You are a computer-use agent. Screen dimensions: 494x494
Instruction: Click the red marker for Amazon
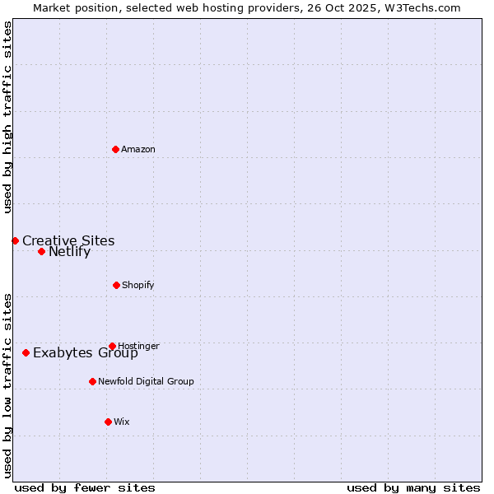coord(116,149)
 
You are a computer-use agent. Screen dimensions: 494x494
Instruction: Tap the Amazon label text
coord(138,150)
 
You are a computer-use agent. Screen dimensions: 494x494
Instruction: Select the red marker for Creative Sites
coord(15,240)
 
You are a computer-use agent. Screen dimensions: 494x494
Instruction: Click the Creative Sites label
coord(68,241)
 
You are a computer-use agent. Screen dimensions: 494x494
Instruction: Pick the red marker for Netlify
coord(41,251)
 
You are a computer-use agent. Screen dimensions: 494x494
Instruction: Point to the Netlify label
coord(69,252)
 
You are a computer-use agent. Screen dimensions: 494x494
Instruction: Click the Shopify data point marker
coord(116,285)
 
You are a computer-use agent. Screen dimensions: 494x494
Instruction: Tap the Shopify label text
coord(137,286)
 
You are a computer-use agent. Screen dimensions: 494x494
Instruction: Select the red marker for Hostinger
coord(112,346)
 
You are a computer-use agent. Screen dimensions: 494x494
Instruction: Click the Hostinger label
coord(138,347)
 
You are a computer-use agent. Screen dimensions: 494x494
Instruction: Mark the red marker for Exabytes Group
coord(26,352)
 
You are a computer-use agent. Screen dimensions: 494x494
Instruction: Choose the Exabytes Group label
coord(86,354)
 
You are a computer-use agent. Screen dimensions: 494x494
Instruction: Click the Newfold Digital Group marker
coord(92,381)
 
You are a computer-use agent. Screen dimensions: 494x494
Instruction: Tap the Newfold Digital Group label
coord(146,382)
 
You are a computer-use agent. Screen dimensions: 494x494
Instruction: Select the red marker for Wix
coord(108,422)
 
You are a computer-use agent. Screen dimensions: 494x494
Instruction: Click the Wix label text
coord(122,422)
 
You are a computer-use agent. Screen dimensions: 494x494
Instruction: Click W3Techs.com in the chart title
coord(425,8)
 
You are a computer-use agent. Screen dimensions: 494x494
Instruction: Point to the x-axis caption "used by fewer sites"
coord(85,488)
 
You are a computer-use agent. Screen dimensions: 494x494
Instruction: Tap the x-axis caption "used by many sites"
coord(413,488)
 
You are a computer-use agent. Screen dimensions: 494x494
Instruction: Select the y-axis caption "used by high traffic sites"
coord(8,117)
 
